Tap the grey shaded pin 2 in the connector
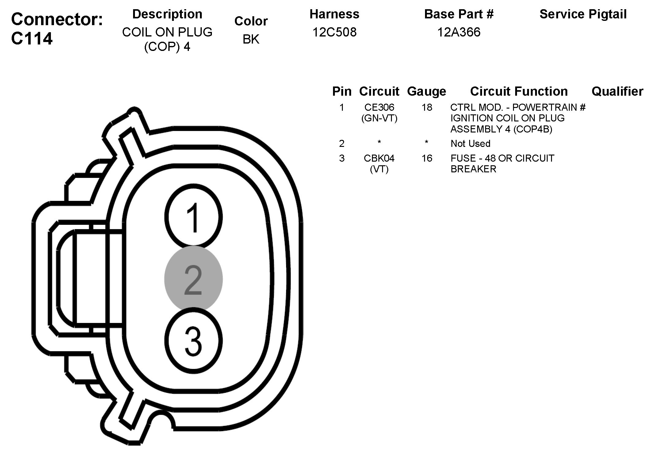pos(193,279)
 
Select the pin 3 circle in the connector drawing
pos(193,341)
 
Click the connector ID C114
pos(32,39)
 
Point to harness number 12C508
pos(334,32)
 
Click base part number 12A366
pos(458,32)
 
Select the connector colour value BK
pos(251,39)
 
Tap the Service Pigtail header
pos(583,14)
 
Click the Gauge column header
pos(426,91)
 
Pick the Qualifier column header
pos(617,91)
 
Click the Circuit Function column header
pos(519,91)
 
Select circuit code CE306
pos(379,107)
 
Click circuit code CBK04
pos(379,158)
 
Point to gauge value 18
pos(427,107)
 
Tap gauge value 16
pos(427,158)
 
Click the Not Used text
pos(470,144)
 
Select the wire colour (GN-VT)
pos(379,118)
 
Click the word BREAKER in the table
pos(473,169)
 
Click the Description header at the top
pos(167,14)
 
